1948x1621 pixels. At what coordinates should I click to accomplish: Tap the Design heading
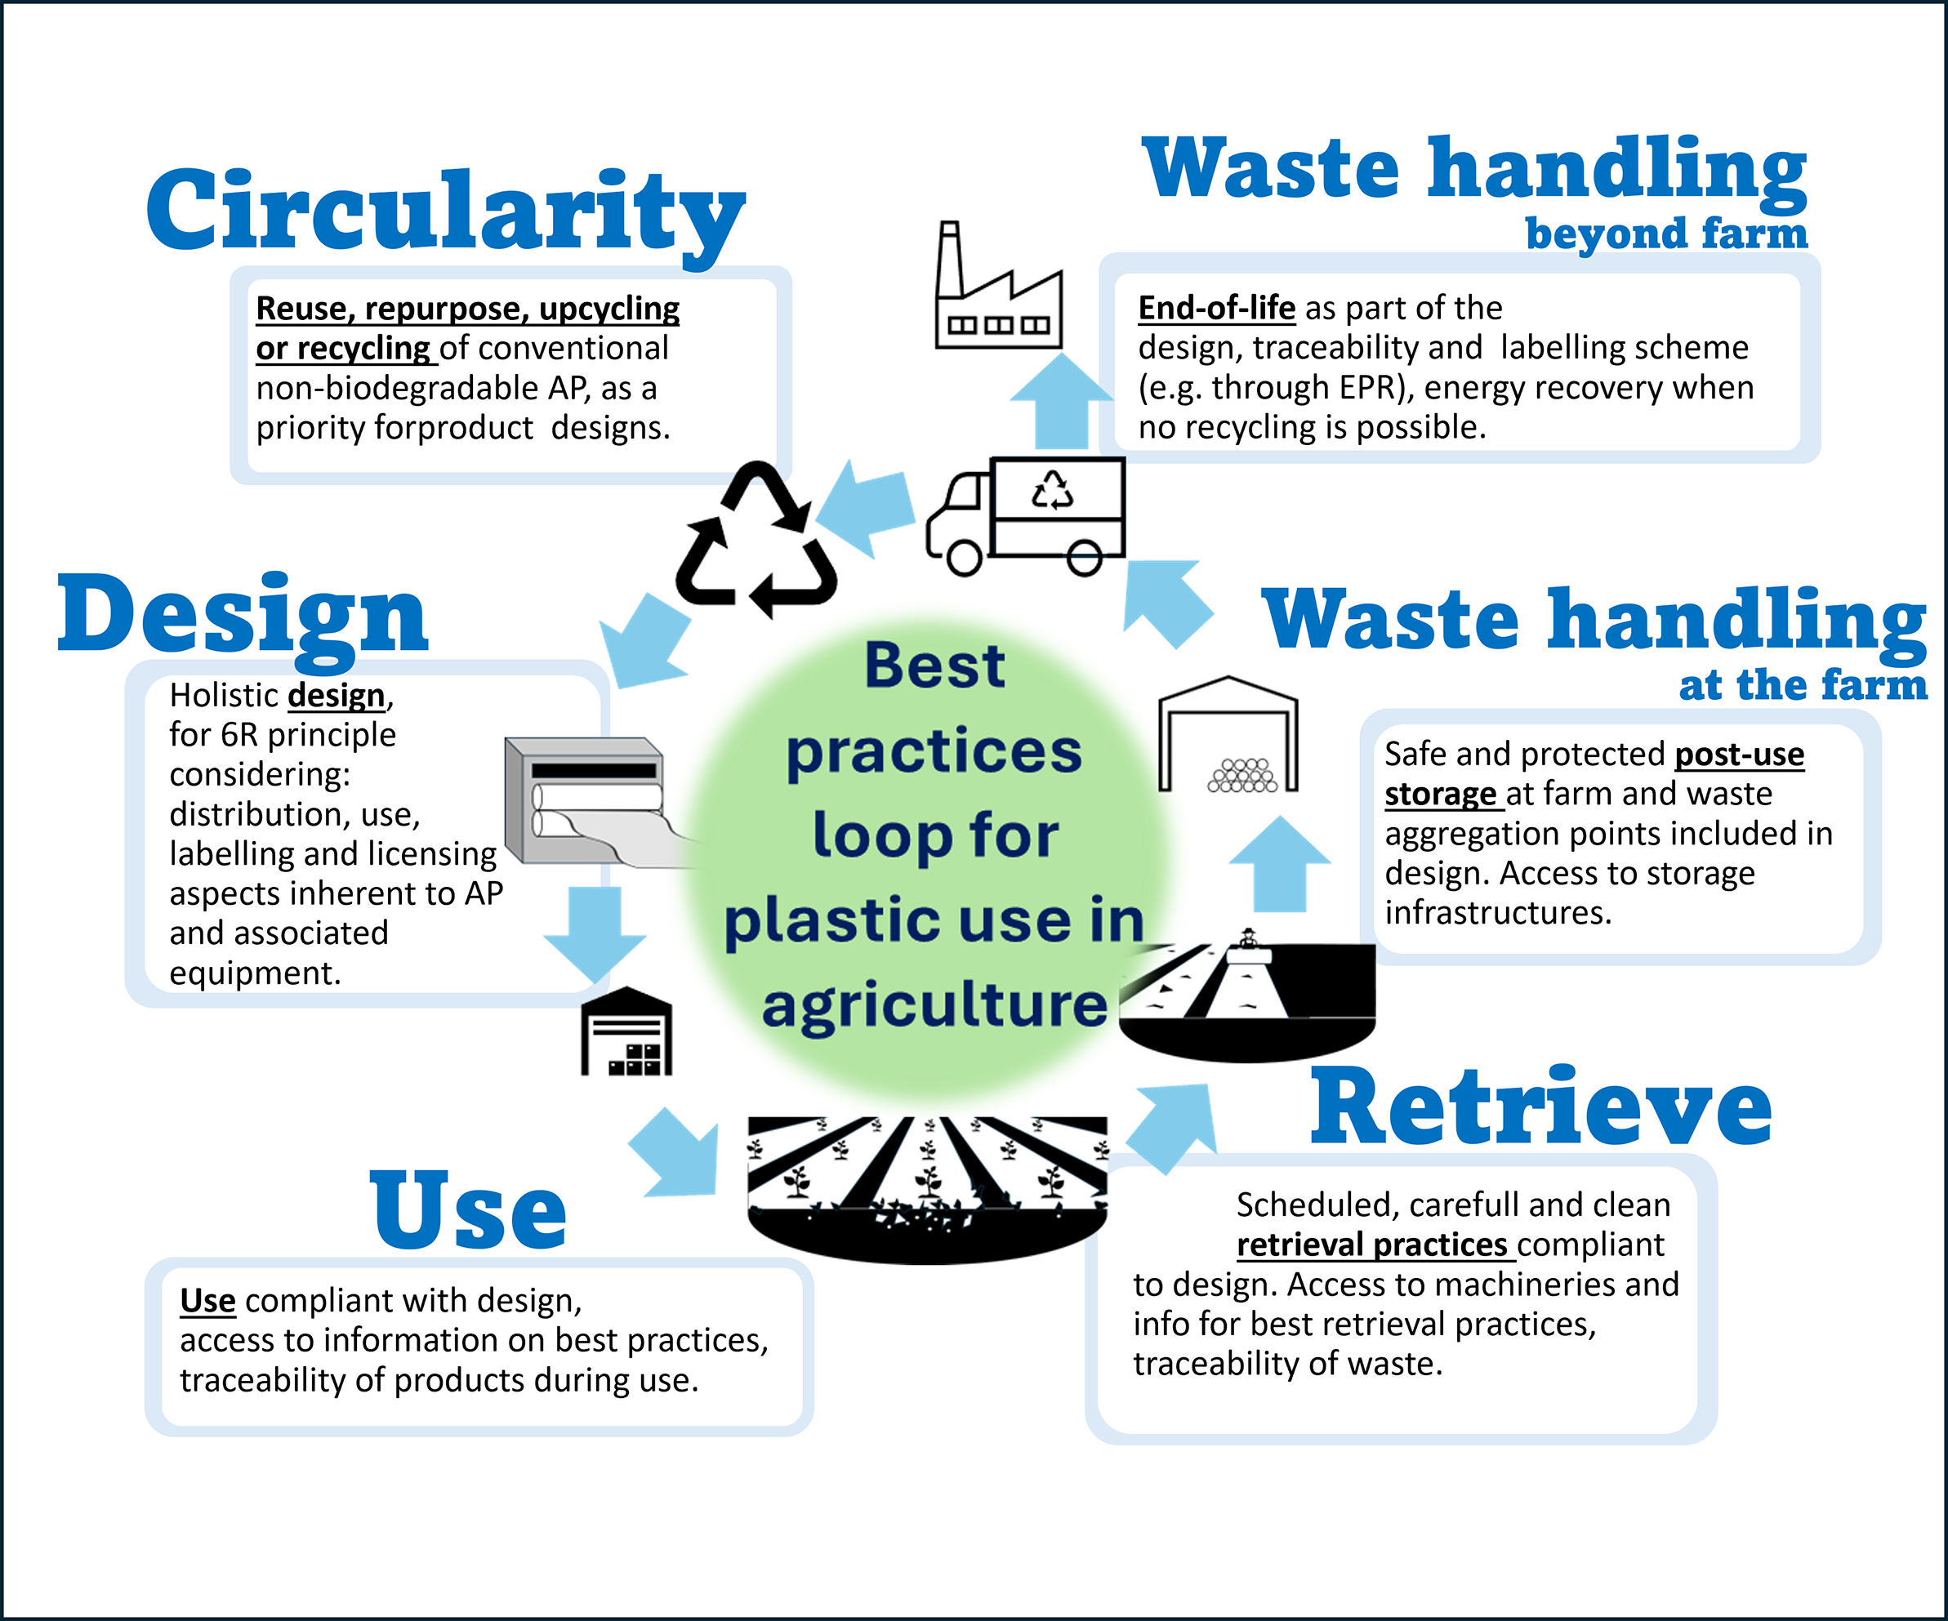(243, 616)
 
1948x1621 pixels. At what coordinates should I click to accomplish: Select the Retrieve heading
(1540, 1107)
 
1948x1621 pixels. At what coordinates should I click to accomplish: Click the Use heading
(469, 1210)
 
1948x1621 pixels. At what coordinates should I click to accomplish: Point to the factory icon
(997, 287)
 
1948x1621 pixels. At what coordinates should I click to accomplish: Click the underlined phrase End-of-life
(1216, 308)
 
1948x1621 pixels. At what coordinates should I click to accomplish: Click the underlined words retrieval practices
(1372, 1245)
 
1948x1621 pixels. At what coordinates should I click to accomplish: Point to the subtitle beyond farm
(1666, 234)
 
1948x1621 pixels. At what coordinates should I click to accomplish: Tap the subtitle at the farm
(1803, 685)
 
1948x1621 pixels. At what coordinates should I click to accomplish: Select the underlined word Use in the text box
(207, 1300)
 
